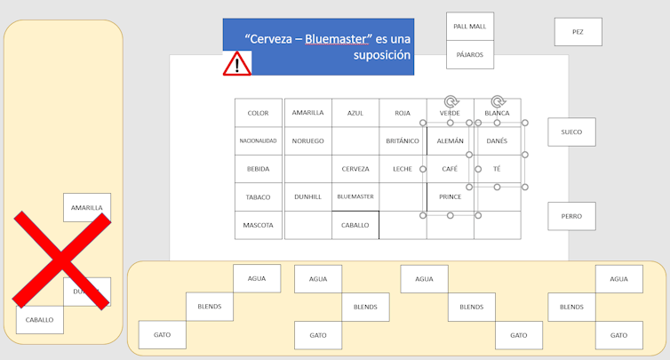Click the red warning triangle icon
(237, 63)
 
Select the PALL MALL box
(470, 27)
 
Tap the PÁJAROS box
(470, 55)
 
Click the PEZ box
(578, 32)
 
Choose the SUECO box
(571, 132)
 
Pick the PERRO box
(571, 216)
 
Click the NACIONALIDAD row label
(258, 141)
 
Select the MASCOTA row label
(258, 225)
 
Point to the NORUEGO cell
(308, 141)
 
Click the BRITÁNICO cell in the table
(403, 141)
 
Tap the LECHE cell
(403, 169)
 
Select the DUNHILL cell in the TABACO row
(308, 196)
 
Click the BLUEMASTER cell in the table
(355, 196)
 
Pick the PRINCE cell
(450, 196)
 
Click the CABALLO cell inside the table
(355, 225)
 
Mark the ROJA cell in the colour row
(403, 113)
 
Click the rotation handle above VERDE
(451, 102)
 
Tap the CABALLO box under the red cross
(39, 320)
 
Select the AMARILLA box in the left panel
(87, 208)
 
